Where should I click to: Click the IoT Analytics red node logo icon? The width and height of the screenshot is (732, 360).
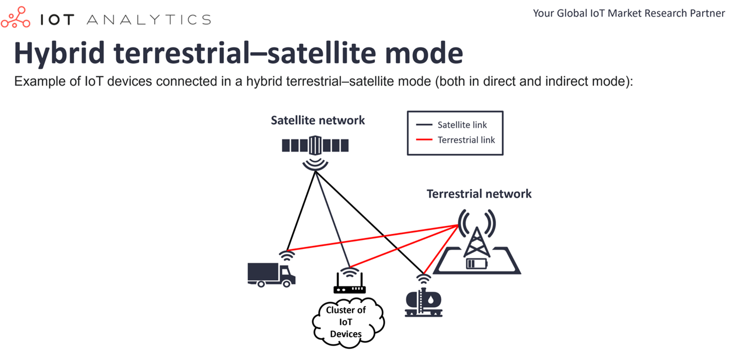click(x=16, y=17)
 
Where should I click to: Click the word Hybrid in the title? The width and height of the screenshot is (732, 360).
click(x=59, y=54)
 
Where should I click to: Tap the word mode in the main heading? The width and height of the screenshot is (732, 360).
click(x=424, y=53)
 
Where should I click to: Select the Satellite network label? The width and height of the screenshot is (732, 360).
click(x=318, y=120)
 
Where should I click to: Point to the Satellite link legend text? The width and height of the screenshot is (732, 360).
click(x=462, y=125)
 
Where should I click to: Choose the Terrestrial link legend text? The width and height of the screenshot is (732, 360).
click(x=466, y=140)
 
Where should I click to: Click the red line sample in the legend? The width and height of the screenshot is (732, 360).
click(x=424, y=140)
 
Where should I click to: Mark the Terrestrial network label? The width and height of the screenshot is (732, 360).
click(x=479, y=194)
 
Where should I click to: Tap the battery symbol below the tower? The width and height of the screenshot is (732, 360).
click(x=477, y=264)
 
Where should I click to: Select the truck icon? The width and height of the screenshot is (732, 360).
click(x=272, y=274)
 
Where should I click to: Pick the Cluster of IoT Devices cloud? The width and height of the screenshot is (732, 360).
click(x=348, y=322)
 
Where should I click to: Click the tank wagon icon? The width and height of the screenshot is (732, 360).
click(x=424, y=302)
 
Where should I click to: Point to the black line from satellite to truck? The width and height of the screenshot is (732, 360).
click(x=301, y=211)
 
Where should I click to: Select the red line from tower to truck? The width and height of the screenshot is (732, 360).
click(x=372, y=238)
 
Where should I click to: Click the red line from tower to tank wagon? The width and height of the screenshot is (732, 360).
click(x=441, y=249)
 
